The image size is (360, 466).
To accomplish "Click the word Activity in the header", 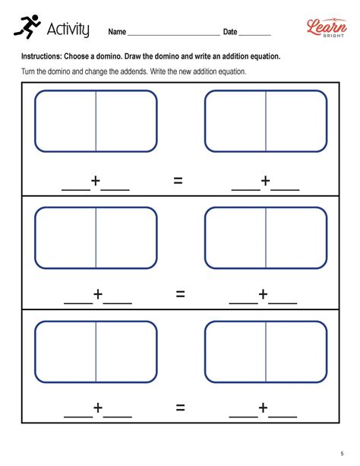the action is pos(68,30).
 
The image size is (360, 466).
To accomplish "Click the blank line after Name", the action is pos(173,34).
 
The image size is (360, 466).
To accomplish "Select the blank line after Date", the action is pos(257,34).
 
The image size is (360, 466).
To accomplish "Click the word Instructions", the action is pos(43,57).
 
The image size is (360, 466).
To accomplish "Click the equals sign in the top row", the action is pos(179,181).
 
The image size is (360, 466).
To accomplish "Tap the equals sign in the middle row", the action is pos(180,294).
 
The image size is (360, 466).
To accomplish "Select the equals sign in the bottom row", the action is pos(180,408).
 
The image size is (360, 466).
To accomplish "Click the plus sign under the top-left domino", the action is pos(96,181).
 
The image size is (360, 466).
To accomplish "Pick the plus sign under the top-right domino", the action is pos(266,181).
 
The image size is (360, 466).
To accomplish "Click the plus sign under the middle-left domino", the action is pos(97,294).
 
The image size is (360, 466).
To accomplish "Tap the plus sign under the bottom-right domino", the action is pos(264,408).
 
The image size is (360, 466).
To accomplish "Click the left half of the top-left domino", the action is pos(65,121).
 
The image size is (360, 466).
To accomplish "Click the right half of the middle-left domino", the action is pos(126,237).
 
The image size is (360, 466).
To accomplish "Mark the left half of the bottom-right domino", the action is pos(235,353).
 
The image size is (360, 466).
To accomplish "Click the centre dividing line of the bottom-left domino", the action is pos(96,353).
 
